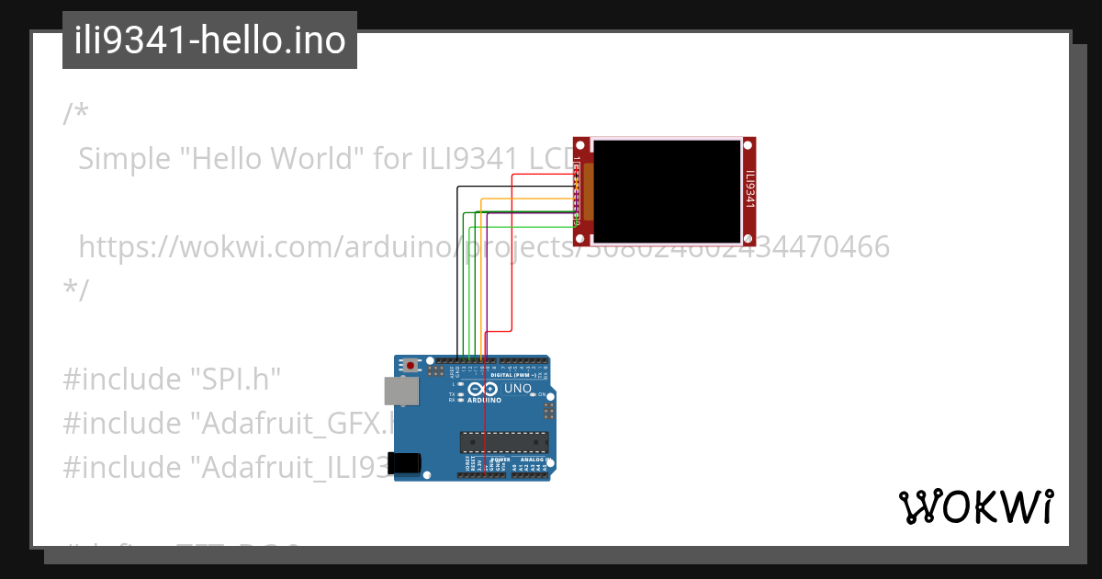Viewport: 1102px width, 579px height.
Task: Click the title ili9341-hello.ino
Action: (x=209, y=41)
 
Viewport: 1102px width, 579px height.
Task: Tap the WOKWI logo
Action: (x=975, y=506)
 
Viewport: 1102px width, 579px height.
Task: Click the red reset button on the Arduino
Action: (x=410, y=365)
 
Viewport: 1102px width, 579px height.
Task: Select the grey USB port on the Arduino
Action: (x=399, y=391)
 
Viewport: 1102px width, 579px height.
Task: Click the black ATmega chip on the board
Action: (x=504, y=441)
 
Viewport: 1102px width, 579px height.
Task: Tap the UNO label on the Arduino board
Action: (x=519, y=388)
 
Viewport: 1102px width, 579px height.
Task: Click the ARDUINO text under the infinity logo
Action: (x=484, y=401)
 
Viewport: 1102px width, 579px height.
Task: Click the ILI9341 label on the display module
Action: (x=749, y=190)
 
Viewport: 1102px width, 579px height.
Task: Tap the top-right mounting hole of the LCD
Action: (x=748, y=144)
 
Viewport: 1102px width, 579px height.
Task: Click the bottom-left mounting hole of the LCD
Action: (x=580, y=239)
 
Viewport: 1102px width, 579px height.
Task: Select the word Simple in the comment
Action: (x=125, y=159)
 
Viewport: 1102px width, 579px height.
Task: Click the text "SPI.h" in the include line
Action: (x=234, y=379)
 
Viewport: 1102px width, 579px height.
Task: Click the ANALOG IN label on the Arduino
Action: (x=534, y=459)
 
